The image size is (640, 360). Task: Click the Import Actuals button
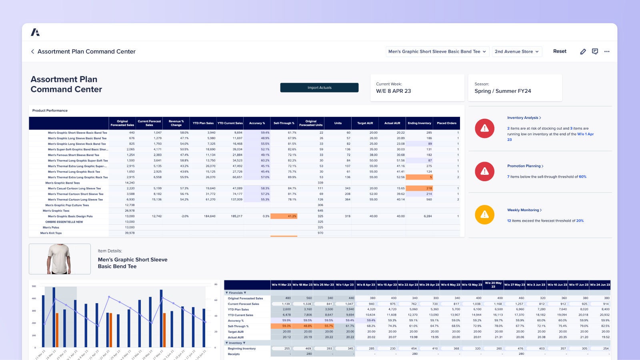point(319,88)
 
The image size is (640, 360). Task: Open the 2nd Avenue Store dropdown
point(516,52)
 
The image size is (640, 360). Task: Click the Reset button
point(560,51)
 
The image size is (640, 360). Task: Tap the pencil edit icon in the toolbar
point(583,52)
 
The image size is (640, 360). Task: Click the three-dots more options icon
point(607,52)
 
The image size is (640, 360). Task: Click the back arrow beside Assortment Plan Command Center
point(32,52)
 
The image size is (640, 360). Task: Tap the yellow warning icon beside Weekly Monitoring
point(484,214)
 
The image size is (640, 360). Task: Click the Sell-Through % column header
point(284,123)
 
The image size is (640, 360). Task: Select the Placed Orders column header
point(446,123)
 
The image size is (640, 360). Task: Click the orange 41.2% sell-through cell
point(284,216)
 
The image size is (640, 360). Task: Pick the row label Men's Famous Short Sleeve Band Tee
point(74,155)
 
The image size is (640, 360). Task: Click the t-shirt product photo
point(60,259)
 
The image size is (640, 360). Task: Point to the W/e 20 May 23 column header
point(493,284)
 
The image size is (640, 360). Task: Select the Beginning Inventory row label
point(242,348)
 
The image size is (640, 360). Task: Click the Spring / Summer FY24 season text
point(502,91)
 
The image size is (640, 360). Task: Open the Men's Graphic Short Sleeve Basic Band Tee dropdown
point(437,52)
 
